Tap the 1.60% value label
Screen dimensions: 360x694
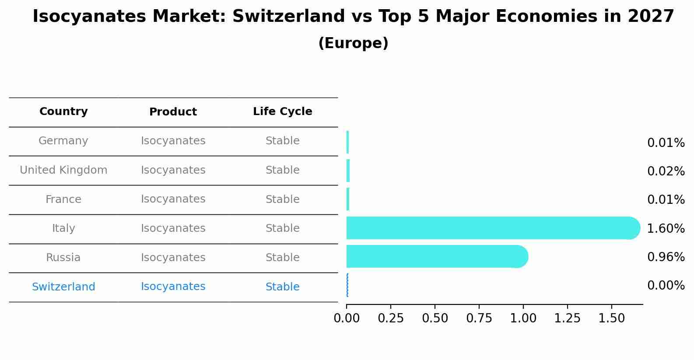pyautogui.click(x=666, y=228)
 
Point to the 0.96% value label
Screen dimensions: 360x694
pyautogui.click(x=666, y=257)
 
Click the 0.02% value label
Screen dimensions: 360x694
pyautogui.click(x=666, y=171)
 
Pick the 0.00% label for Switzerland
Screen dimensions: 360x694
pyautogui.click(x=666, y=286)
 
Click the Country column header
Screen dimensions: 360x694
pyautogui.click(x=63, y=112)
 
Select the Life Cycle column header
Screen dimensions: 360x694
pyautogui.click(x=282, y=112)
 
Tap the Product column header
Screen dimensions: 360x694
pyautogui.click(x=173, y=112)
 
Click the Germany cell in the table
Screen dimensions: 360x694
pyautogui.click(x=63, y=141)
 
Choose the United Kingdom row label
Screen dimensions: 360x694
pyautogui.click(x=63, y=170)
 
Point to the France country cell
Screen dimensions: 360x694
pyautogui.click(x=63, y=199)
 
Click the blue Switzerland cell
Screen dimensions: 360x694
pyautogui.click(x=63, y=287)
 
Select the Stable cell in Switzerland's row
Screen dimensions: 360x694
pyautogui.click(x=282, y=287)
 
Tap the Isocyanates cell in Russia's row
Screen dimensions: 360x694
pyautogui.click(x=173, y=258)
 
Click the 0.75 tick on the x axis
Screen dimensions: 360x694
pyautogui.click(x=479, y=318)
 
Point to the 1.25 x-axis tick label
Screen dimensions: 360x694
pyautogui.click(x=568, y=318)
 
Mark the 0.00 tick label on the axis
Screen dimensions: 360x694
pyautogui.click(x=347, y=318)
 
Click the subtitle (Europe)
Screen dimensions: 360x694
pyautogui.click(x=353, y=43)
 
